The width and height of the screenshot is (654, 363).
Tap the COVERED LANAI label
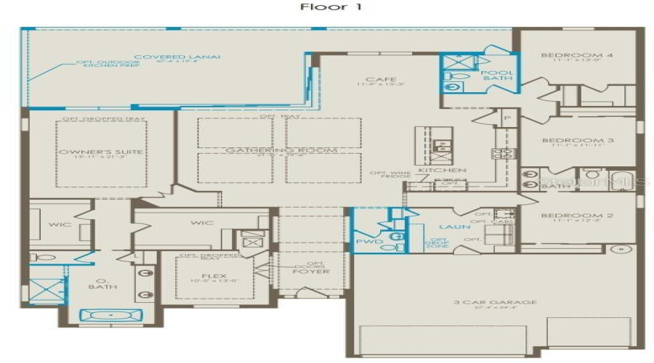click(177, 57)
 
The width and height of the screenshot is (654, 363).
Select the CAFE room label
click(375, 79)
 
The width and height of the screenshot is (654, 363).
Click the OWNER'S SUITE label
click(101, 152)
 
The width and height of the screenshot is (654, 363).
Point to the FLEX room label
click(214, 276)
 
